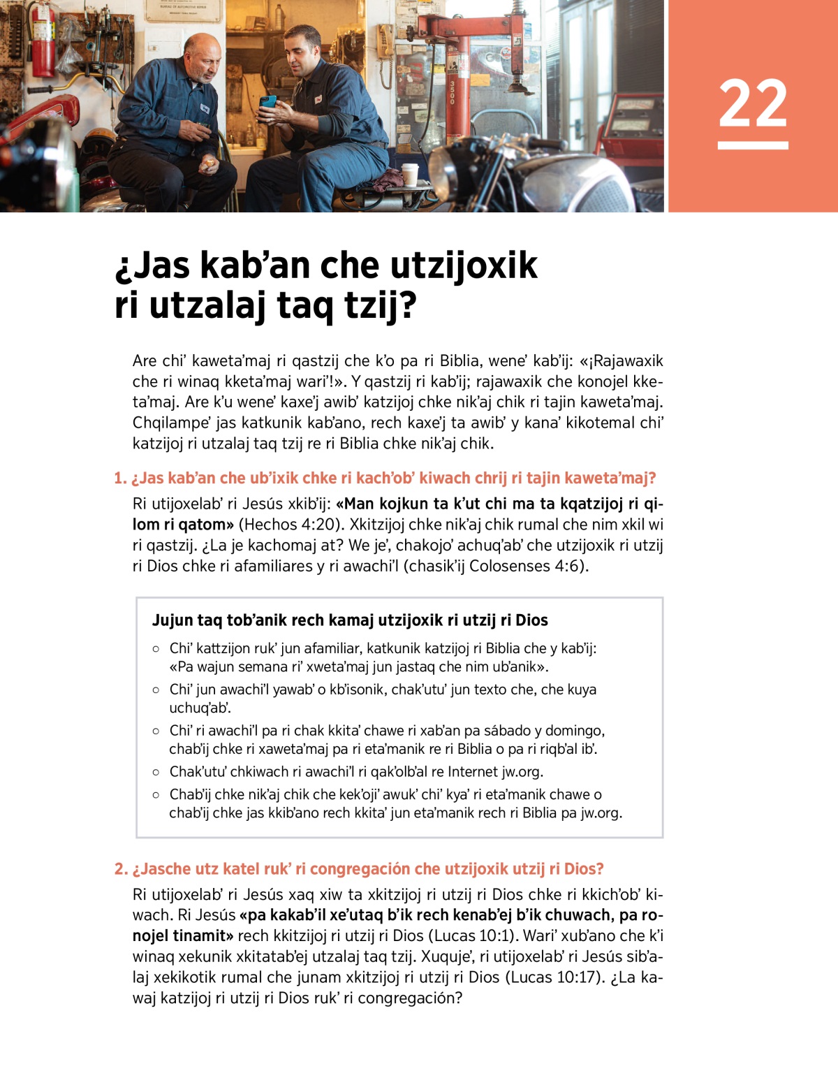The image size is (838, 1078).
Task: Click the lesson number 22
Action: (753, 103)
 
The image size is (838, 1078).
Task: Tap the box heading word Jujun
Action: (172, 620)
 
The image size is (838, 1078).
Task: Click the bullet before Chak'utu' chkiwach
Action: (156, 772)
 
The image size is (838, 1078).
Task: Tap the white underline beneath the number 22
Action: (753, 145)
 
